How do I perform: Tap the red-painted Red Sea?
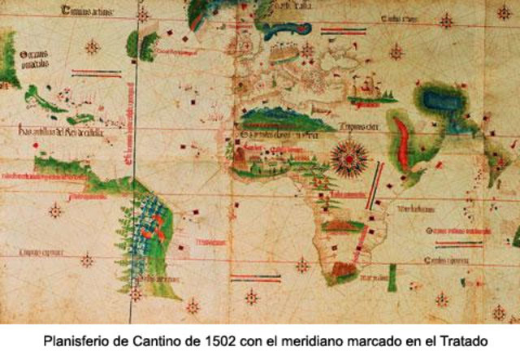point(400,143)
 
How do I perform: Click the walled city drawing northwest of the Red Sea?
point(370,86)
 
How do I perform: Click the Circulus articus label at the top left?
point(88,11)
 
